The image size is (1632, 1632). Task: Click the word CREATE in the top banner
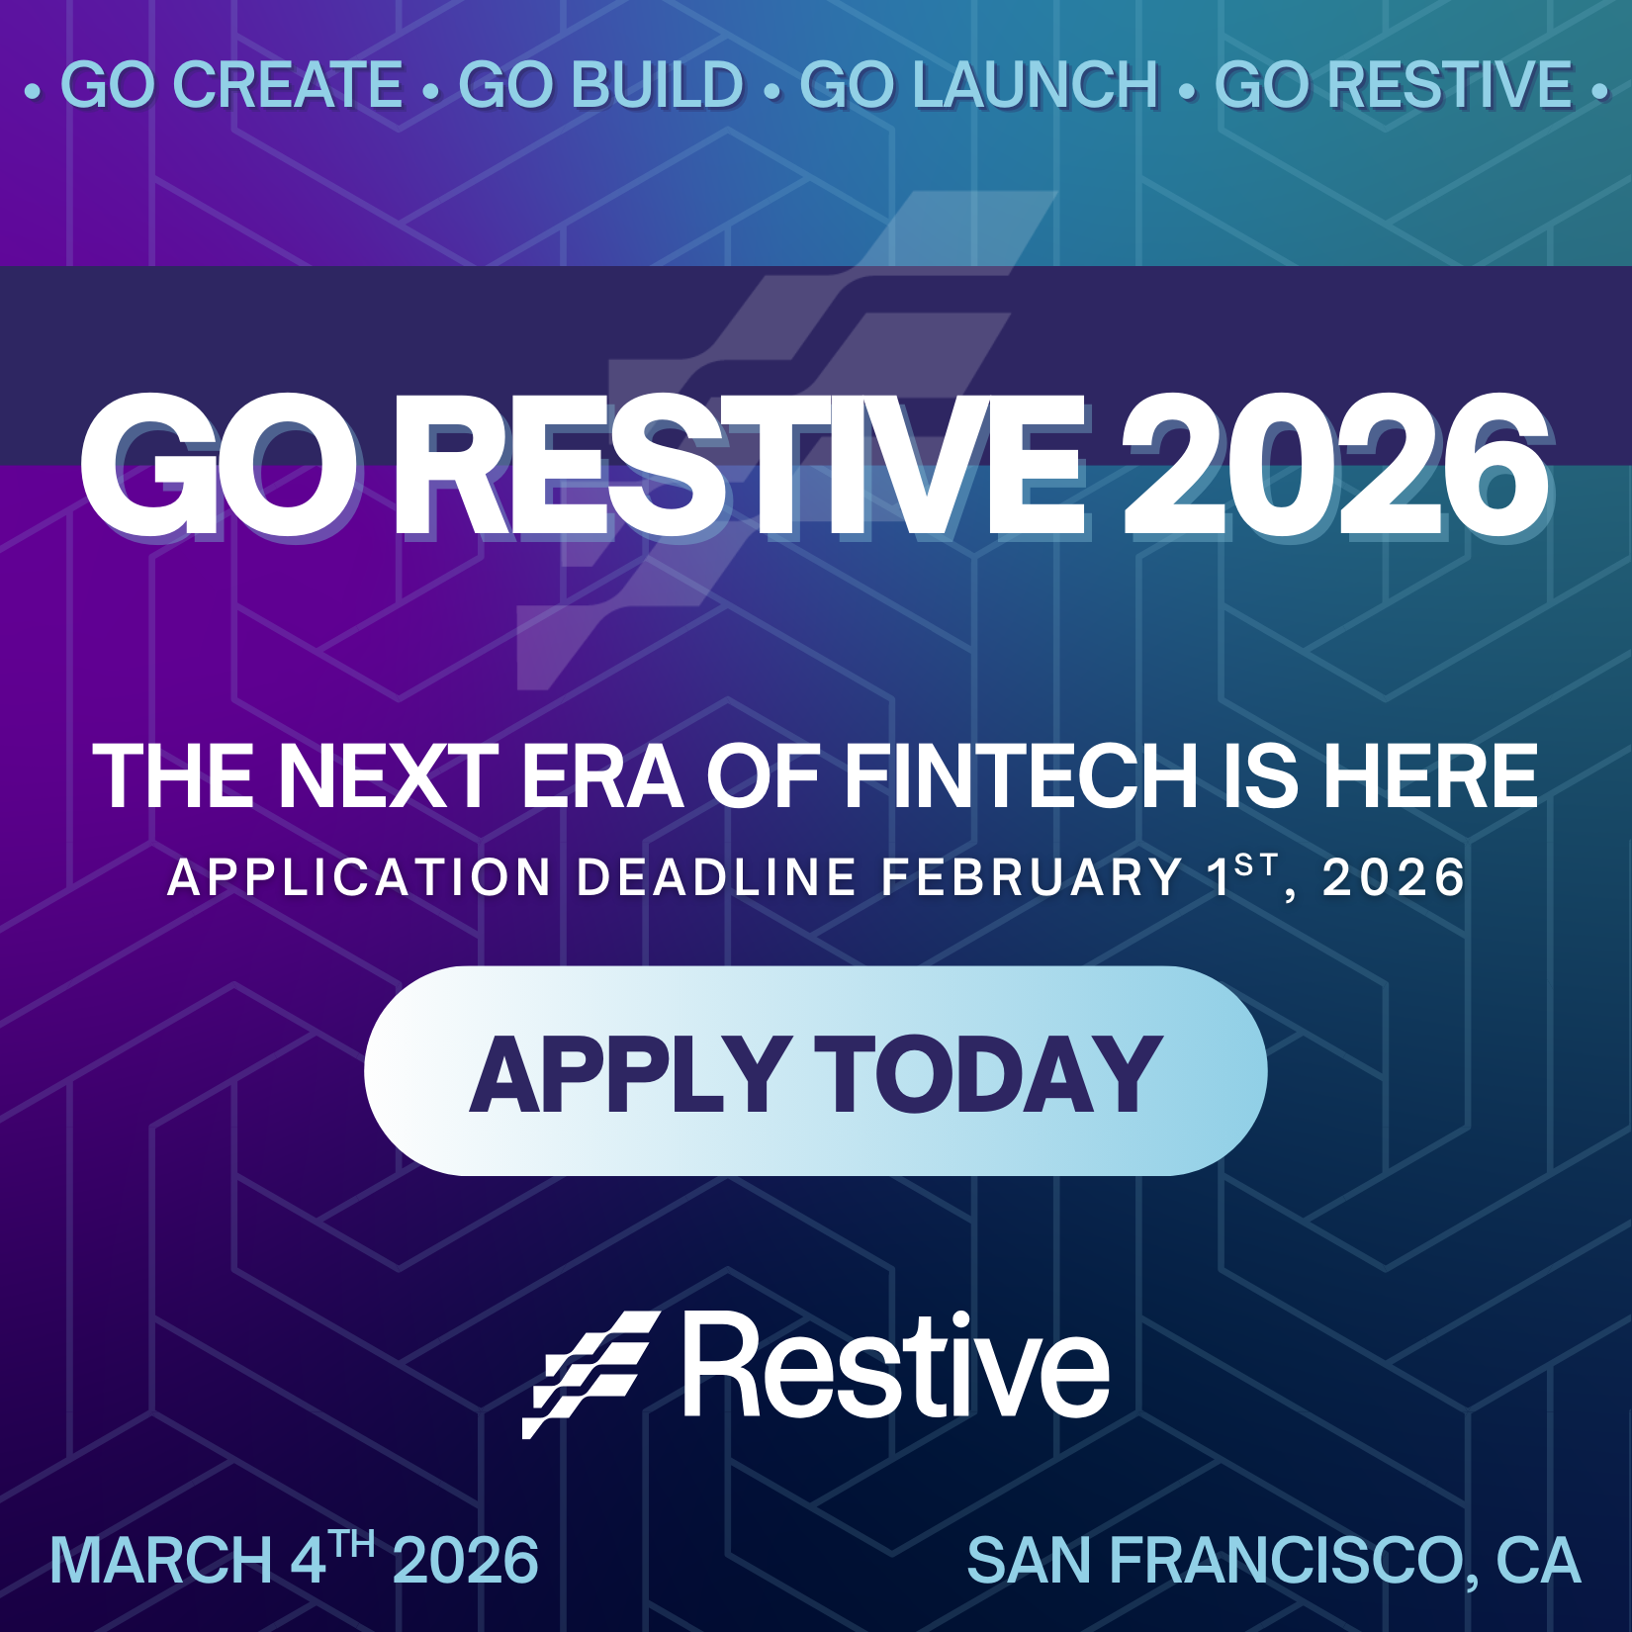(x=287, y=85)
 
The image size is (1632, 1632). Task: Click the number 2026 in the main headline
(x=1335, y=465)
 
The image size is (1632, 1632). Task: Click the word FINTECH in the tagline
(x=1021, y=777)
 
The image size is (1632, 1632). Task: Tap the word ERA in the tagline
(x=601, y=777)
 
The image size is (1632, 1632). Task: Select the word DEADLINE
(x=717, y=877)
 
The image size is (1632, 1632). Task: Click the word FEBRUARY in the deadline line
(x=1032, y=877)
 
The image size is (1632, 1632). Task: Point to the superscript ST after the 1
(x=1257, y=866)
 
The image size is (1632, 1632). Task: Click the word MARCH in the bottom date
(x=161, y=1561)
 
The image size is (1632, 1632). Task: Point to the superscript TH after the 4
(x=352, y=1544)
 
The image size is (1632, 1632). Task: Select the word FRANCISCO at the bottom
(x=1286, y=1561)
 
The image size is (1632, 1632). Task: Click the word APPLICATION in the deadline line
(x=360, y=877)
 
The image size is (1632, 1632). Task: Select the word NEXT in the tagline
(x=389, y=777)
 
